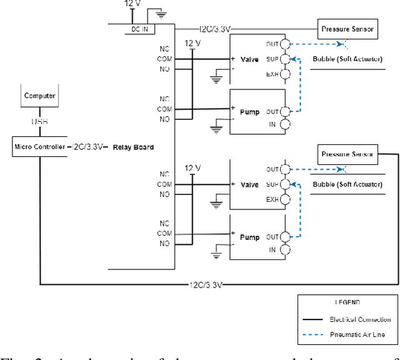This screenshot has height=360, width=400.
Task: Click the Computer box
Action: (40, 96)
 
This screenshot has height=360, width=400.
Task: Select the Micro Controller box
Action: (39, 147)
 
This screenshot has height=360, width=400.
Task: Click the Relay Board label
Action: (133, 147)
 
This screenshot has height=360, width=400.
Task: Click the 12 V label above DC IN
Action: (133, 4)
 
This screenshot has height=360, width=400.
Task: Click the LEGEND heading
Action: (347, 302)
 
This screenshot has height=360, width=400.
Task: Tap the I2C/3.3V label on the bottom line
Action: (205, 284)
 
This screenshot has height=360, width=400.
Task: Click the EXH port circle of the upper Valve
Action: (286, 75)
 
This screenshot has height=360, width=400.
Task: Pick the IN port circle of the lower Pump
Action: (286, 250)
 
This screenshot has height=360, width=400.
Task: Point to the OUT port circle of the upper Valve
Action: (286, 44)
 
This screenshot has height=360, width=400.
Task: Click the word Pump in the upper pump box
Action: (249, 112)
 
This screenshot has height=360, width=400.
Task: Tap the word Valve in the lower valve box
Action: (249, 185)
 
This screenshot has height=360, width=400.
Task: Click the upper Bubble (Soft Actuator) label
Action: (346, 60)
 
